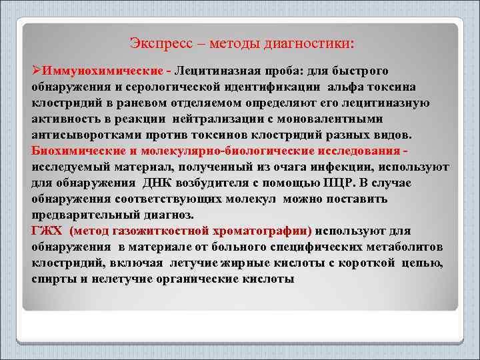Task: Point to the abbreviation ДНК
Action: (154, 183)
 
